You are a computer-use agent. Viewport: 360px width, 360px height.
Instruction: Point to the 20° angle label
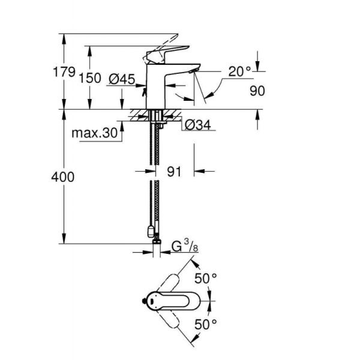(x=239, y=71)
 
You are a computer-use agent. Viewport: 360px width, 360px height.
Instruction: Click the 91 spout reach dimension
(x=174, y=172)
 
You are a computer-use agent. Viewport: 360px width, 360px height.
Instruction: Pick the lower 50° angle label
(x=206, y=324)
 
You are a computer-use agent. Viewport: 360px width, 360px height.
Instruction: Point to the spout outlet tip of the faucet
(x=191, y=71)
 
